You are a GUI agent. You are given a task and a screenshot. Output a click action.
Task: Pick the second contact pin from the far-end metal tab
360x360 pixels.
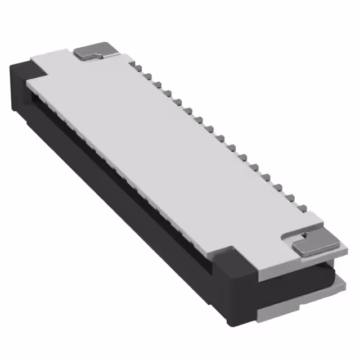(x=145, y=74)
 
